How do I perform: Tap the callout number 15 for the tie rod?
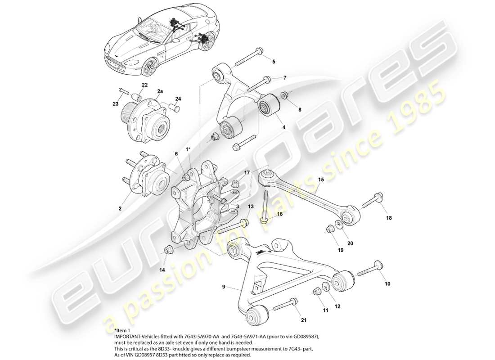(x=321, y=180)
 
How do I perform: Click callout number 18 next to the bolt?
(x=389, y=218)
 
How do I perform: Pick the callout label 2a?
(x=160, y=91)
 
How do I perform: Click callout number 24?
(x=178, y=99)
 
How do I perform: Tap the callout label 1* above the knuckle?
(x=188, y=149)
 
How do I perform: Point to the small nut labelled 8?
(x=284, y=95)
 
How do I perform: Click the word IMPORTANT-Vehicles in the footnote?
(x=135, y=336)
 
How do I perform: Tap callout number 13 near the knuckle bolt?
(x=251, y=206)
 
